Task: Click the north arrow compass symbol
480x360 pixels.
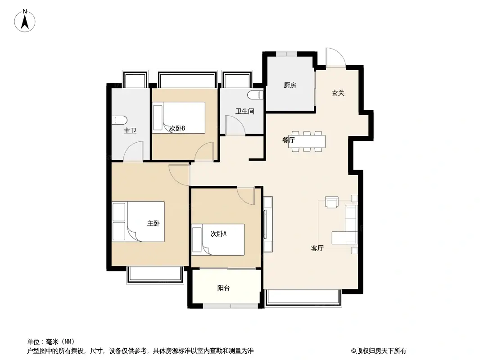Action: [25, 21]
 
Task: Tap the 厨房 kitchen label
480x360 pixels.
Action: [290, 85]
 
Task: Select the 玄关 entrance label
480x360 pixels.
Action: [338, 93]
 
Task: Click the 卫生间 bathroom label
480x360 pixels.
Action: [245, 111]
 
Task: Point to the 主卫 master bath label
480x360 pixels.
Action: [130, 130]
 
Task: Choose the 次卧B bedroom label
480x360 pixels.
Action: [177, 128]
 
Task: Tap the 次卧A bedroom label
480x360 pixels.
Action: [218, 234]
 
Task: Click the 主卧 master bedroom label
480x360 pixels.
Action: [153, 224]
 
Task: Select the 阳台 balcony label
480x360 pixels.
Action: [223, 288]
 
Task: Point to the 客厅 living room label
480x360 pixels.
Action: [317, 248]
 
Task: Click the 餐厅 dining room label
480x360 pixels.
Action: [288, 140]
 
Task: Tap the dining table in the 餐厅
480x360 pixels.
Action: [307, 141]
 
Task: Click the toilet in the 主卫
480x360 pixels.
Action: [119, 120]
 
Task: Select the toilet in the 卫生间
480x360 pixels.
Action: [256, 95]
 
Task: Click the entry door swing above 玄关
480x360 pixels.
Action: [335, 57]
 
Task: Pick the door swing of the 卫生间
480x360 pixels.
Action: [235, 125]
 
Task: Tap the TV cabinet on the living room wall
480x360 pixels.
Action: [268, 224]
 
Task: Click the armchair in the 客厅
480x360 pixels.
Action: [332, 202]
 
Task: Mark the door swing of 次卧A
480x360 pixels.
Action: [245, 196]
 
